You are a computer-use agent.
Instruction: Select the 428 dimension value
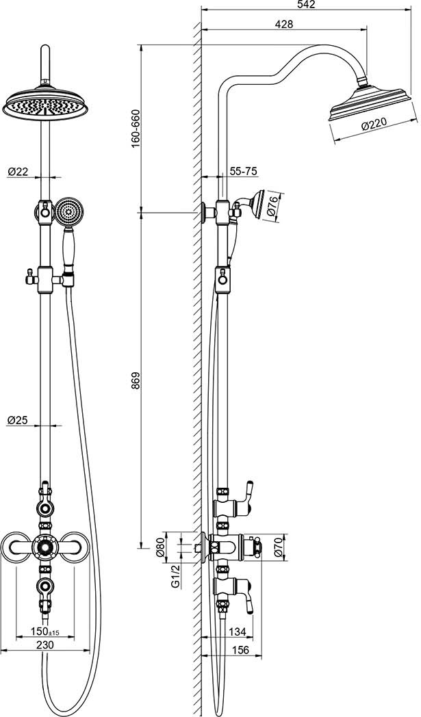point(285,24)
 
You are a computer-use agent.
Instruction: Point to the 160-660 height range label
point(136,128)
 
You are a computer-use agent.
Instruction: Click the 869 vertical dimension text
point(136,380)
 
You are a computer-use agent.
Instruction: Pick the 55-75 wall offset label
point(243,171)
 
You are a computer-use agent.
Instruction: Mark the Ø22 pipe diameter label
point(18,172)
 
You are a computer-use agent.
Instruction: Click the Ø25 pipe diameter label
point(18,420)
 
